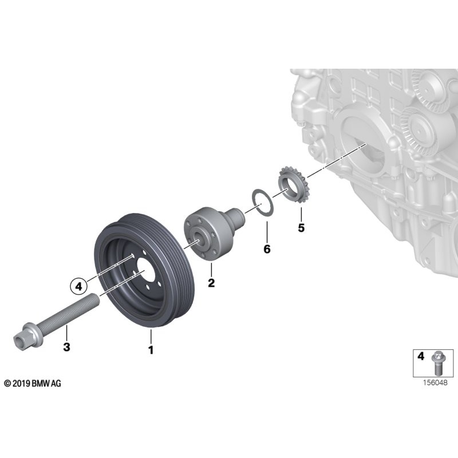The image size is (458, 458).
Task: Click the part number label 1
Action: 151,349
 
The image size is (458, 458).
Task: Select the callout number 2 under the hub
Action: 211,283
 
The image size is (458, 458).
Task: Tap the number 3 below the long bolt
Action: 66,346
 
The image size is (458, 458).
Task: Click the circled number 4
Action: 80,283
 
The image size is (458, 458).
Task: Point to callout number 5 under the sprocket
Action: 301,228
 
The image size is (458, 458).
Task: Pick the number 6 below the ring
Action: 267,249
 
